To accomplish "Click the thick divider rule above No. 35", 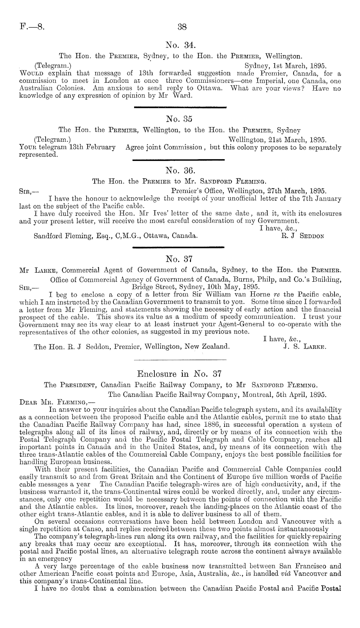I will click(180, 107).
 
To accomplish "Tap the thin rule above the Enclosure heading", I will click(180, 360).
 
